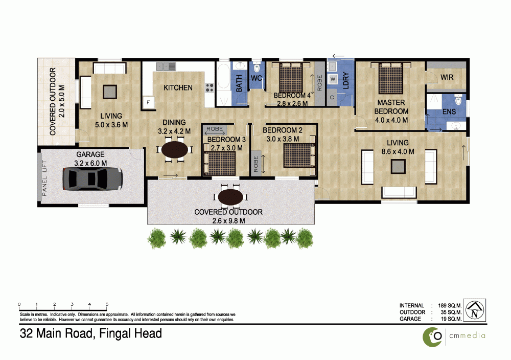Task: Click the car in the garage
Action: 92,178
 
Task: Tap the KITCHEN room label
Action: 178,88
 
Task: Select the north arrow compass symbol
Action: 475,310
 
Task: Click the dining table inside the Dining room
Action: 175,150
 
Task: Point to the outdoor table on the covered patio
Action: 230,197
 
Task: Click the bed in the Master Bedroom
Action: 391,78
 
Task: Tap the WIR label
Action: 447,77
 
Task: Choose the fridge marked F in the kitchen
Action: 148,102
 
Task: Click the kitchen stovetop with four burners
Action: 209,87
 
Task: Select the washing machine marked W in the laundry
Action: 333,79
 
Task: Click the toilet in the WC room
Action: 257,67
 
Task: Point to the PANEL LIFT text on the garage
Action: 44,178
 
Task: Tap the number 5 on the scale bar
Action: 107,304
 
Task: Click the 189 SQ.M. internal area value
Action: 450,306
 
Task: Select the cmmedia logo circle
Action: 432,337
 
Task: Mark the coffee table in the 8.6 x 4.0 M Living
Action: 398,166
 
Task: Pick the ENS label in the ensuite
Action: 449,111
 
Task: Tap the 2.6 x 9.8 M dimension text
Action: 228,221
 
